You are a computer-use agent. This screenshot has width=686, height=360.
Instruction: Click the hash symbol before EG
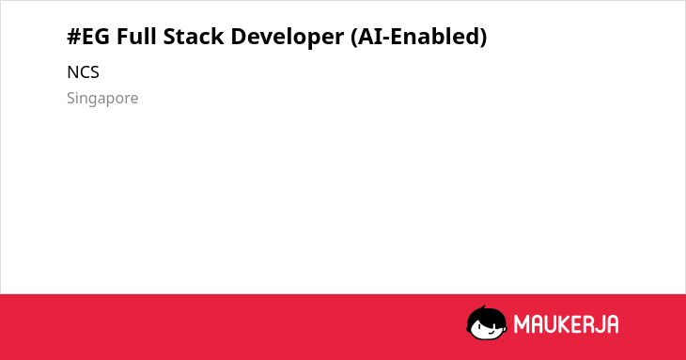click(x=74, y=37)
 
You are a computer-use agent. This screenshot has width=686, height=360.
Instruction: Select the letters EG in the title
click(x=96, y=37)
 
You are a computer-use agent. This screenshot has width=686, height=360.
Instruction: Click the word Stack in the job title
click(x=194, y=36)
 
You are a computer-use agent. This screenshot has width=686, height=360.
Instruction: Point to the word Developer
click(x=288, y=38)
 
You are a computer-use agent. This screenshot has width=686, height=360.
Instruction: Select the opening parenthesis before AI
click(x=354, y=37)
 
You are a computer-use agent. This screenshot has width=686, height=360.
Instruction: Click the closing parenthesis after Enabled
click(x=483, y=37)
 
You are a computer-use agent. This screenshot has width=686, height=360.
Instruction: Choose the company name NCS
click(x=83, y=72)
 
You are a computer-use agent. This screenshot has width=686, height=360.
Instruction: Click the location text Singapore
click(x=102, y=99)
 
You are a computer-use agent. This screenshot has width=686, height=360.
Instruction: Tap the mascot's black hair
click(x=485, y=316)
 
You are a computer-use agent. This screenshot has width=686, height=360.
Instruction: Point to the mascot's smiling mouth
click(x=491, y=332)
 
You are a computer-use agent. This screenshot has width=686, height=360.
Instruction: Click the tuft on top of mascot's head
click(x=483, y=307)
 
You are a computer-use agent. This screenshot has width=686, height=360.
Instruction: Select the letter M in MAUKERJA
click(x=522, y=324)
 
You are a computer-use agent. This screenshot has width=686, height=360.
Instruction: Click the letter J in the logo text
click(x=598, y=324)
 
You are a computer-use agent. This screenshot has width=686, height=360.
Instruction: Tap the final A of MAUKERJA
click(x=612, y=324)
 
